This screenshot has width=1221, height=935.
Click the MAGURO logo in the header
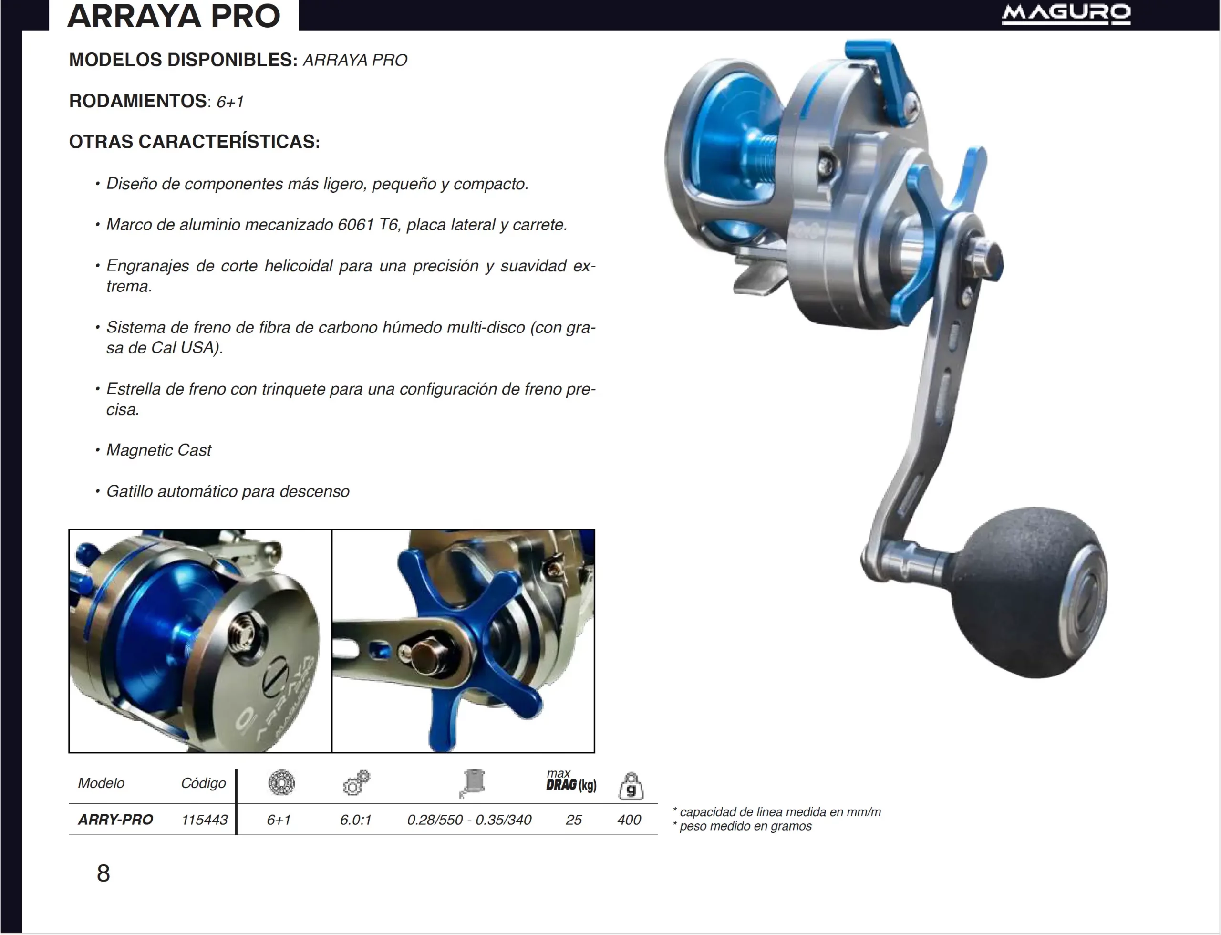(x=1066, y=13)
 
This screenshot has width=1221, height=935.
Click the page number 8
(x=103, y=873)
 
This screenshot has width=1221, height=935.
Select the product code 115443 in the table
(x=204, y=819)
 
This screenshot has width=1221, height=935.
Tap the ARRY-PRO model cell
(x=115, y=819)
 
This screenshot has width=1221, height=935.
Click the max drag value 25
(x=573, y=819)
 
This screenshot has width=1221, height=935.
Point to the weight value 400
(x=629, y=819)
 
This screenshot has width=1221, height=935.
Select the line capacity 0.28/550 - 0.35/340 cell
(x=469, y=819)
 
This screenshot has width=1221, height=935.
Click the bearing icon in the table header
(x=281, y=782)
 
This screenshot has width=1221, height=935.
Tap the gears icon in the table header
(x=356, y=782)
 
